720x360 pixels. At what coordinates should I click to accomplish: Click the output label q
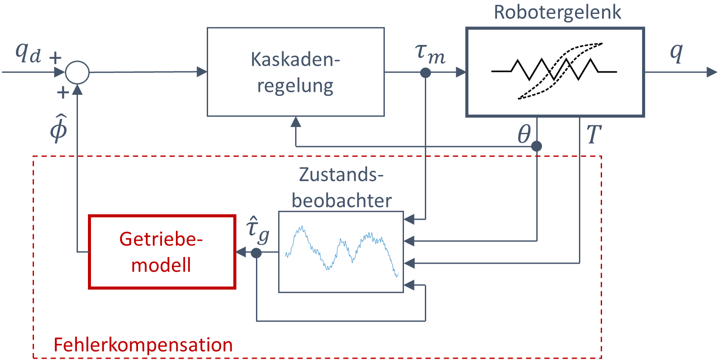pyautogui.click(x=676, y=52)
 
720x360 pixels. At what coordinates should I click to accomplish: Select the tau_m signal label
pyautogui.click(x=430, y=54)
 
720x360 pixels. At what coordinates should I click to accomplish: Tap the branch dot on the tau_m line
pyautogui.click(x=425, y=73)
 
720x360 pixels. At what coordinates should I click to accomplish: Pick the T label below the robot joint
pyautogui.click(x=594, y=134)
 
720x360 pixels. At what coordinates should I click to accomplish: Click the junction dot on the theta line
pyautogui.click(x=536, y=146)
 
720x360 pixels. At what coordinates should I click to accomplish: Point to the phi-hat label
pyautogui.click(x=59, y=128)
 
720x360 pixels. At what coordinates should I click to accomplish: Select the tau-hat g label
pyautogui.click(x=257, y=231)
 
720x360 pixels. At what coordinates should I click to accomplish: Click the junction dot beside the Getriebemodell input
pyautogui.click(x=256, y=253)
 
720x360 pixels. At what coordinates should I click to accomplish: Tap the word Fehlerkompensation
pyautogui.click(x=143, y=345)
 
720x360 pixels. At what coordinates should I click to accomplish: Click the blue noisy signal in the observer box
pyautogui.click(x=342, y=251)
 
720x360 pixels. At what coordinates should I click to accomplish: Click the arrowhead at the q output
pyautogui.click(x=712, y=72)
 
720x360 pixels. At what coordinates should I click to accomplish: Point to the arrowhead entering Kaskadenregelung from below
pyautogui.click(x=296, y=122)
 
